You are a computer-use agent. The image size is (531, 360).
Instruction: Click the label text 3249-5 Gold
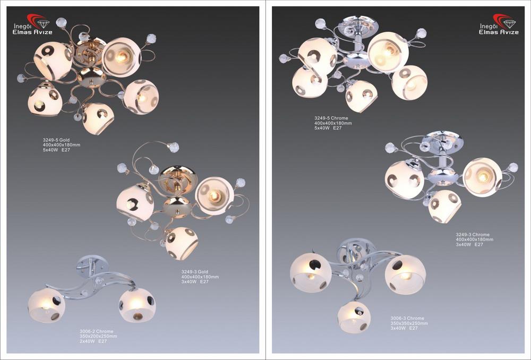pyautogui.click(x=56, y=140)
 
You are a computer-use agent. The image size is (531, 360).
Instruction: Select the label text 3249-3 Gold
pyautogui.click(x=195, y=272)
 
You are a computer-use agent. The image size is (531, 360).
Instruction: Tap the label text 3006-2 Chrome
pyautogui.click(x=97, y=331)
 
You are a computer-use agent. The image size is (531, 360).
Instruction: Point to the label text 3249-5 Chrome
pyautogui.click(x=331, y=118)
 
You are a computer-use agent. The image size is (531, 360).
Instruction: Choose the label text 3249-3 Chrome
pyautogui.click(x=473, y=234)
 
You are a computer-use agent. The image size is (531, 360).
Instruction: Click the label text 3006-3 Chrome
pyautogui.click(x=407, y=319)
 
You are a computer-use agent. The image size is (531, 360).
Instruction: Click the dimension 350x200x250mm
pyautogui.click(x=98, y=336)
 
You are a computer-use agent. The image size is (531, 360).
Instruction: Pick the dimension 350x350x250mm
pyautogui.click(x=409, y=323)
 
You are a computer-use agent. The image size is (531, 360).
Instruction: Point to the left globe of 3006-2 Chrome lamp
pyautogui.click(x=46, y=305)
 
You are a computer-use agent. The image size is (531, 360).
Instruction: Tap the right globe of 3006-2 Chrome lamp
pyautogui.click(x=137, y=305)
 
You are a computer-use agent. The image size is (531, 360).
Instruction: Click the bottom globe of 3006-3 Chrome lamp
pyautogui.click(x=354, y=317)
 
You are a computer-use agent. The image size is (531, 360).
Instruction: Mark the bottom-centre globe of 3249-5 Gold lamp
pyautogui.click(x=98, y=118)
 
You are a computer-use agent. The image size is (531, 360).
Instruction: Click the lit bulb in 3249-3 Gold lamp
pyautogui.click(x=214, y=195)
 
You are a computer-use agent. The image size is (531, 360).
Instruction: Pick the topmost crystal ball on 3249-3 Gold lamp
pyautogui.click(x=174, y=147)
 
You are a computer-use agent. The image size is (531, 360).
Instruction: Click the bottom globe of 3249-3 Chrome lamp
pyautogui.click(x=444, y=206)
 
